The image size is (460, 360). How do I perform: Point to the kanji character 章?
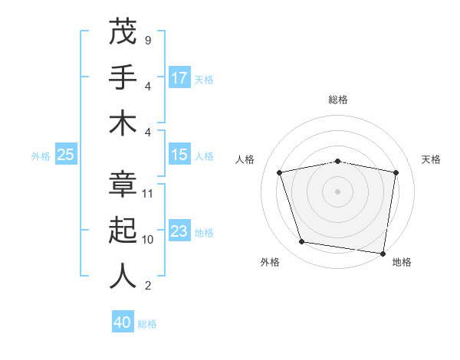[123, 184]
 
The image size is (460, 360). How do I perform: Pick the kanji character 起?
[123, 230]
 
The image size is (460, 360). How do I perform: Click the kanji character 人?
[123, 276]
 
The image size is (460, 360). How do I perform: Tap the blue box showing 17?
[179, 77]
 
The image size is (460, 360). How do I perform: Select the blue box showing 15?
[179, 155]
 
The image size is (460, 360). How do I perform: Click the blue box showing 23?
[179, 231]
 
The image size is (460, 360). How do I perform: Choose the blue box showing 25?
[66, 155]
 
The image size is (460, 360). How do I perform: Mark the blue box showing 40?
[123, 322]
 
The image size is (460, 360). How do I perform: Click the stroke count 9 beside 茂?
[147, 40]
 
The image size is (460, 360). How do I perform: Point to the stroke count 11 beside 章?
[148, 193]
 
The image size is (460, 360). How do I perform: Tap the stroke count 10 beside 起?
[148, 239]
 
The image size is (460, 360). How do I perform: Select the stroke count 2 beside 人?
[147, 286]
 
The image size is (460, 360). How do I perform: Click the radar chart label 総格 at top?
[338, 100]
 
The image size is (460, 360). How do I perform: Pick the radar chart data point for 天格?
[396, 172]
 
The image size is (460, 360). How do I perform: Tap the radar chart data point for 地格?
[383, 253]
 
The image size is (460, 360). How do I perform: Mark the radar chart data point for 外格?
[302, 242]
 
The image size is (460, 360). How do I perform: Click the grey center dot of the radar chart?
[338, 191]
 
